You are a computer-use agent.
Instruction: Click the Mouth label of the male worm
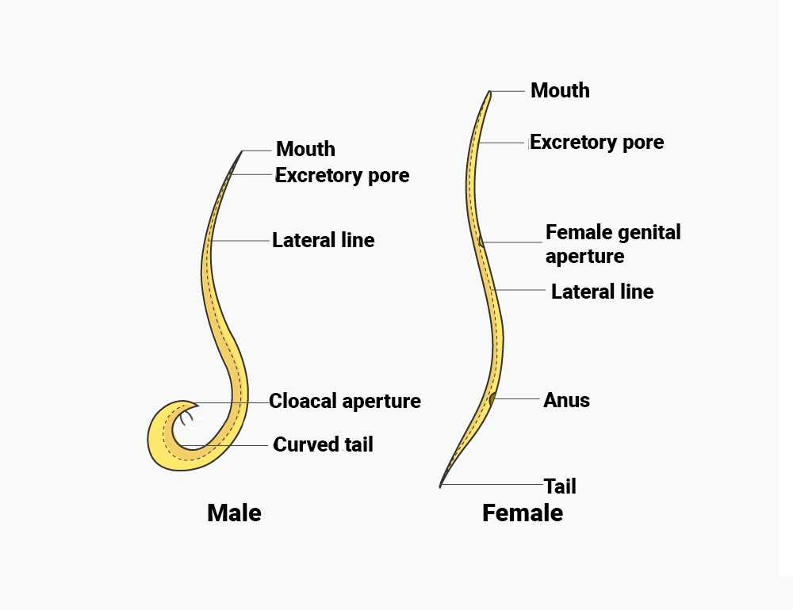305,149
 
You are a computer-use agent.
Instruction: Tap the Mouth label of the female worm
560,90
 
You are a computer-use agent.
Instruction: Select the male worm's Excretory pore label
342,175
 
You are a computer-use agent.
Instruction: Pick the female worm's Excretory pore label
596,143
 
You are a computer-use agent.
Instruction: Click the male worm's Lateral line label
323,240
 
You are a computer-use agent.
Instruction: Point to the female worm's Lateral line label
602,292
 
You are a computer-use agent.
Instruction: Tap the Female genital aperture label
612,244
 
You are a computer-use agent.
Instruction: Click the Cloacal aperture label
344,401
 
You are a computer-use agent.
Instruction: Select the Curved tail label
323,444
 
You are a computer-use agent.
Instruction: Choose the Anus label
566,400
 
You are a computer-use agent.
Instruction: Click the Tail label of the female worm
559,486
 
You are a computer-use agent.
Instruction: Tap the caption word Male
234,513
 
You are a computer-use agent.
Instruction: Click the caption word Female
523,513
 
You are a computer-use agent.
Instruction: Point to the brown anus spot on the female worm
492,398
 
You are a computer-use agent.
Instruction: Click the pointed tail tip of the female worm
441,486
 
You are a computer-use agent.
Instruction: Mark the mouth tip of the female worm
489,93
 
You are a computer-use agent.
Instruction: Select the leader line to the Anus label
517,399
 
